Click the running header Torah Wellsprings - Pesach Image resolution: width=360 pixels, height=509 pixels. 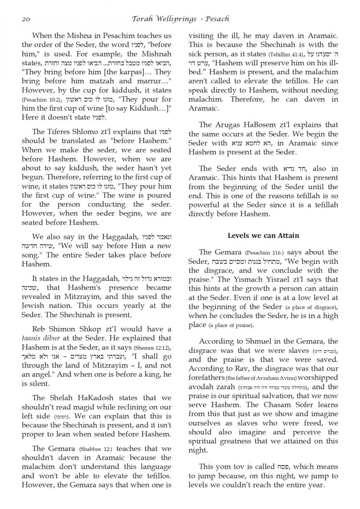[x=180, y=19]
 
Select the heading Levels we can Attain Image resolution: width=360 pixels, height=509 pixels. [x=263, y=235]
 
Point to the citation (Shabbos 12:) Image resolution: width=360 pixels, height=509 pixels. [x=98, y=449]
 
